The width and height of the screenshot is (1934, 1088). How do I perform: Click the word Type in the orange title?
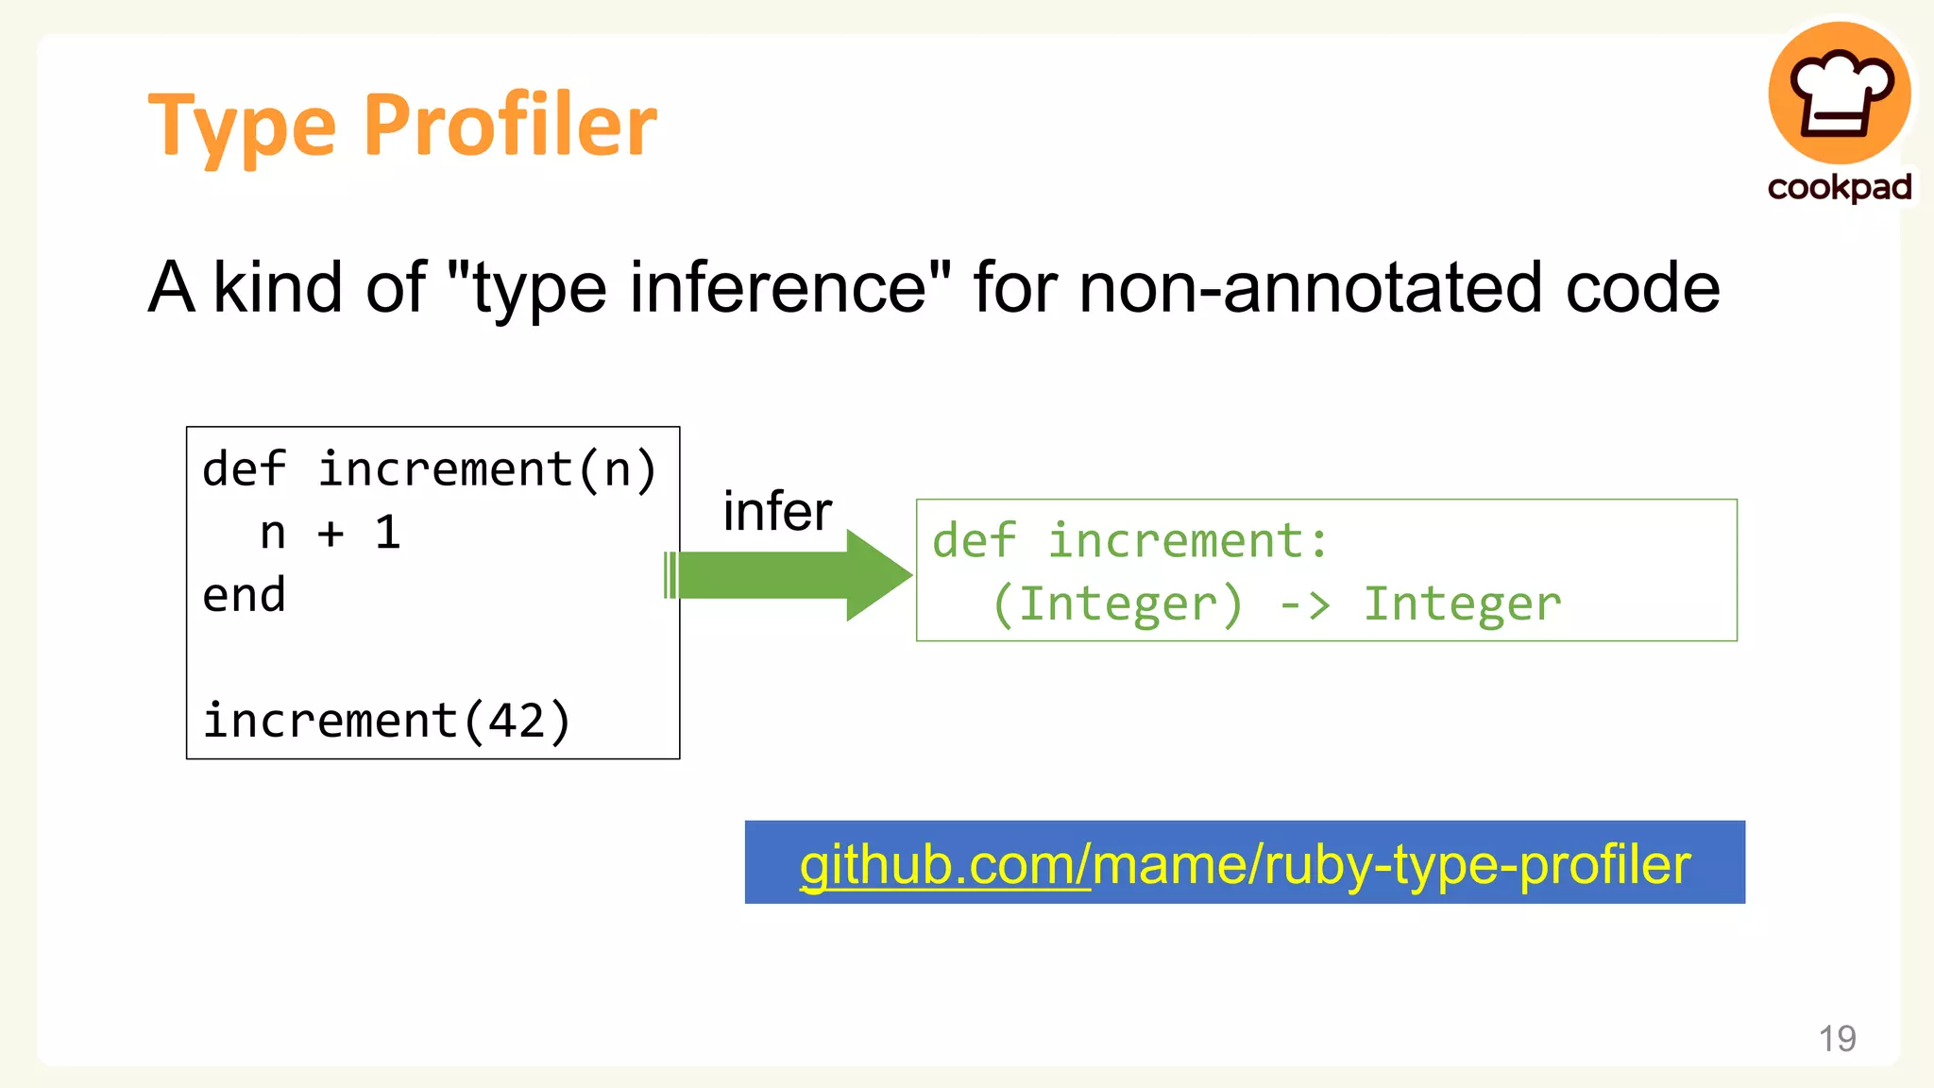click(243, 127)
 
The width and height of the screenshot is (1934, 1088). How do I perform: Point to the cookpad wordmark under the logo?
click(1840, 187)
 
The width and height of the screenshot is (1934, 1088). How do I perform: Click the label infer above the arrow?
click(777, 512)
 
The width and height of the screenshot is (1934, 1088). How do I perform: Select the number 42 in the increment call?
click(517, 722)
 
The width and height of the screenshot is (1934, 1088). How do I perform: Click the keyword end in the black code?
click(244, 596)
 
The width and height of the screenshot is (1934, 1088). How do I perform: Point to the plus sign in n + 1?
click(331, 534)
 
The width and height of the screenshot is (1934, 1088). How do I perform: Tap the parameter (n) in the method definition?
click(618, 470)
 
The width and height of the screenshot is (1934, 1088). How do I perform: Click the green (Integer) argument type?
click(1117, 604)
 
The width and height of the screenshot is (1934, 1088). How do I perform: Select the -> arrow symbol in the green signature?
click(1304, 604)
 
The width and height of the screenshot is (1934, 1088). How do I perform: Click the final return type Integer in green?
click(1463, 604)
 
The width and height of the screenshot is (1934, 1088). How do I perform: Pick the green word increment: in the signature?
click(1188, 541)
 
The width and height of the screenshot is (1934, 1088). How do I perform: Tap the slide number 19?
click(1837, 1039)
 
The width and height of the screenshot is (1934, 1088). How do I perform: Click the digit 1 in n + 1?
click(388, 534)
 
